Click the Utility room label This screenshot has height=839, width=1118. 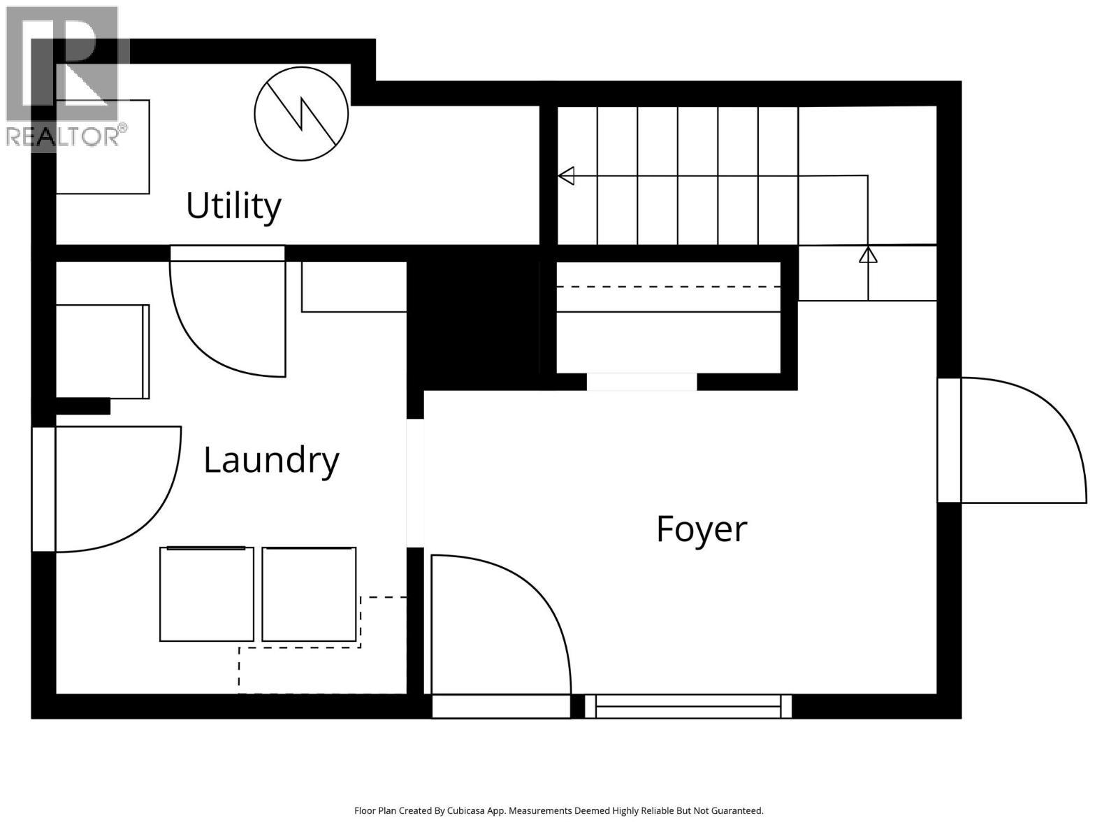coord(233,206)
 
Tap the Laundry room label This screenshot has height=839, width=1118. coord(271,460)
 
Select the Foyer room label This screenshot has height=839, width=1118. coord(701,529)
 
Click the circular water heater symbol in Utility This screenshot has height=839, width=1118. coord(301,114)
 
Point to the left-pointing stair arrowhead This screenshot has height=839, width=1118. coord(567,175)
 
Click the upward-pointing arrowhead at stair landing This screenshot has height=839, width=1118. coord(868,254)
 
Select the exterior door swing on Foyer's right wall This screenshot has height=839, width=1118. coord(1020,440)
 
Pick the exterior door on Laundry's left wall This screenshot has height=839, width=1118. coord(112,489)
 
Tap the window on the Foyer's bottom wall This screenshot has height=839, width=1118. coord(688,706)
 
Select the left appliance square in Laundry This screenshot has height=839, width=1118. coord(207,594)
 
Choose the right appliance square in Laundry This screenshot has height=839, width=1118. coord(309,594)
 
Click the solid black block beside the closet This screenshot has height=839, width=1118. coord(474,318)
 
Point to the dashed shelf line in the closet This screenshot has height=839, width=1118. coord(668,287)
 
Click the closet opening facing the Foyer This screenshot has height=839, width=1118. coord(641,382)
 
